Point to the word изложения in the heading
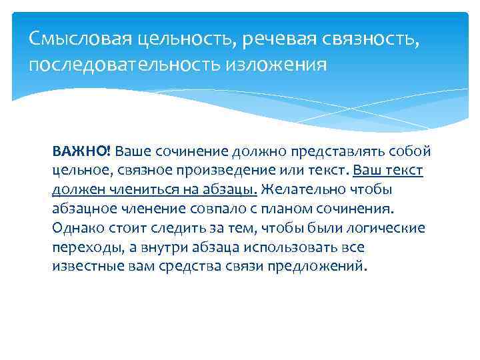pos(287,65)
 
